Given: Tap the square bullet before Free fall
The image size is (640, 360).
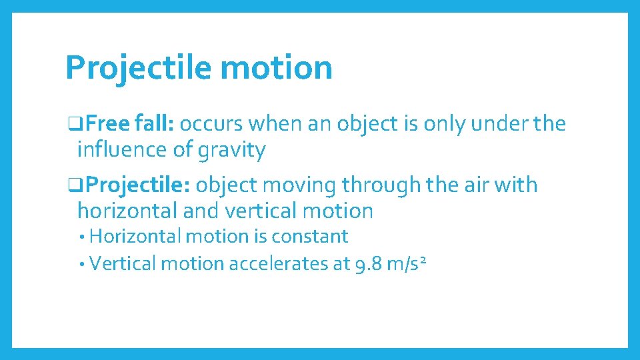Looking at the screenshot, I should [x=71, y=125].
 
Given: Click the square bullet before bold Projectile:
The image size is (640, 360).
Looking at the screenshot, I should [x=71, y=185].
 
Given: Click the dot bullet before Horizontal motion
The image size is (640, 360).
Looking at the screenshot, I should [x=81, y=237].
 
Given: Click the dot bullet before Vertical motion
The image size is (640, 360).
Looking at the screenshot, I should [x=81, y=265].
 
